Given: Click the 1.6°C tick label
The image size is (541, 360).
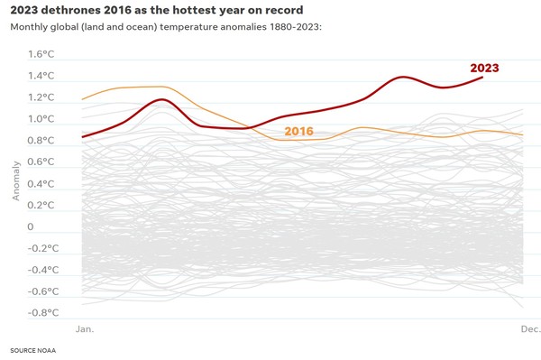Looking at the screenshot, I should pos(41,53).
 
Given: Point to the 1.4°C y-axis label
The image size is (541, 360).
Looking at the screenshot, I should pos(41,75).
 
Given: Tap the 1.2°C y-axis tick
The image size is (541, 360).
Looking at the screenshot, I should pos(41,97).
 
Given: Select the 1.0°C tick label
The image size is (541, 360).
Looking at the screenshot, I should pos(41,118).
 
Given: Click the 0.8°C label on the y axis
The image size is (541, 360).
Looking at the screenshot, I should pos(41,140).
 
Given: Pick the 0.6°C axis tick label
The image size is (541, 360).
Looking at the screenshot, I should pos(41,162).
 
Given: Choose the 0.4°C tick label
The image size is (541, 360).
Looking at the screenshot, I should pos(41,183).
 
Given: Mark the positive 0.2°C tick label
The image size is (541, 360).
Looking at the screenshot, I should pos(41,205).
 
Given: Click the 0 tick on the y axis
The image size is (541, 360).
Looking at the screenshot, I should pos(32,227).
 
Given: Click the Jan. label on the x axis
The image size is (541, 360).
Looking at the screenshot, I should pos(86,330).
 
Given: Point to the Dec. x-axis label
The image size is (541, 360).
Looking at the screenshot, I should pos(530,330).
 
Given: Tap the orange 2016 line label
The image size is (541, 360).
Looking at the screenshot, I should pos(298,131).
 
